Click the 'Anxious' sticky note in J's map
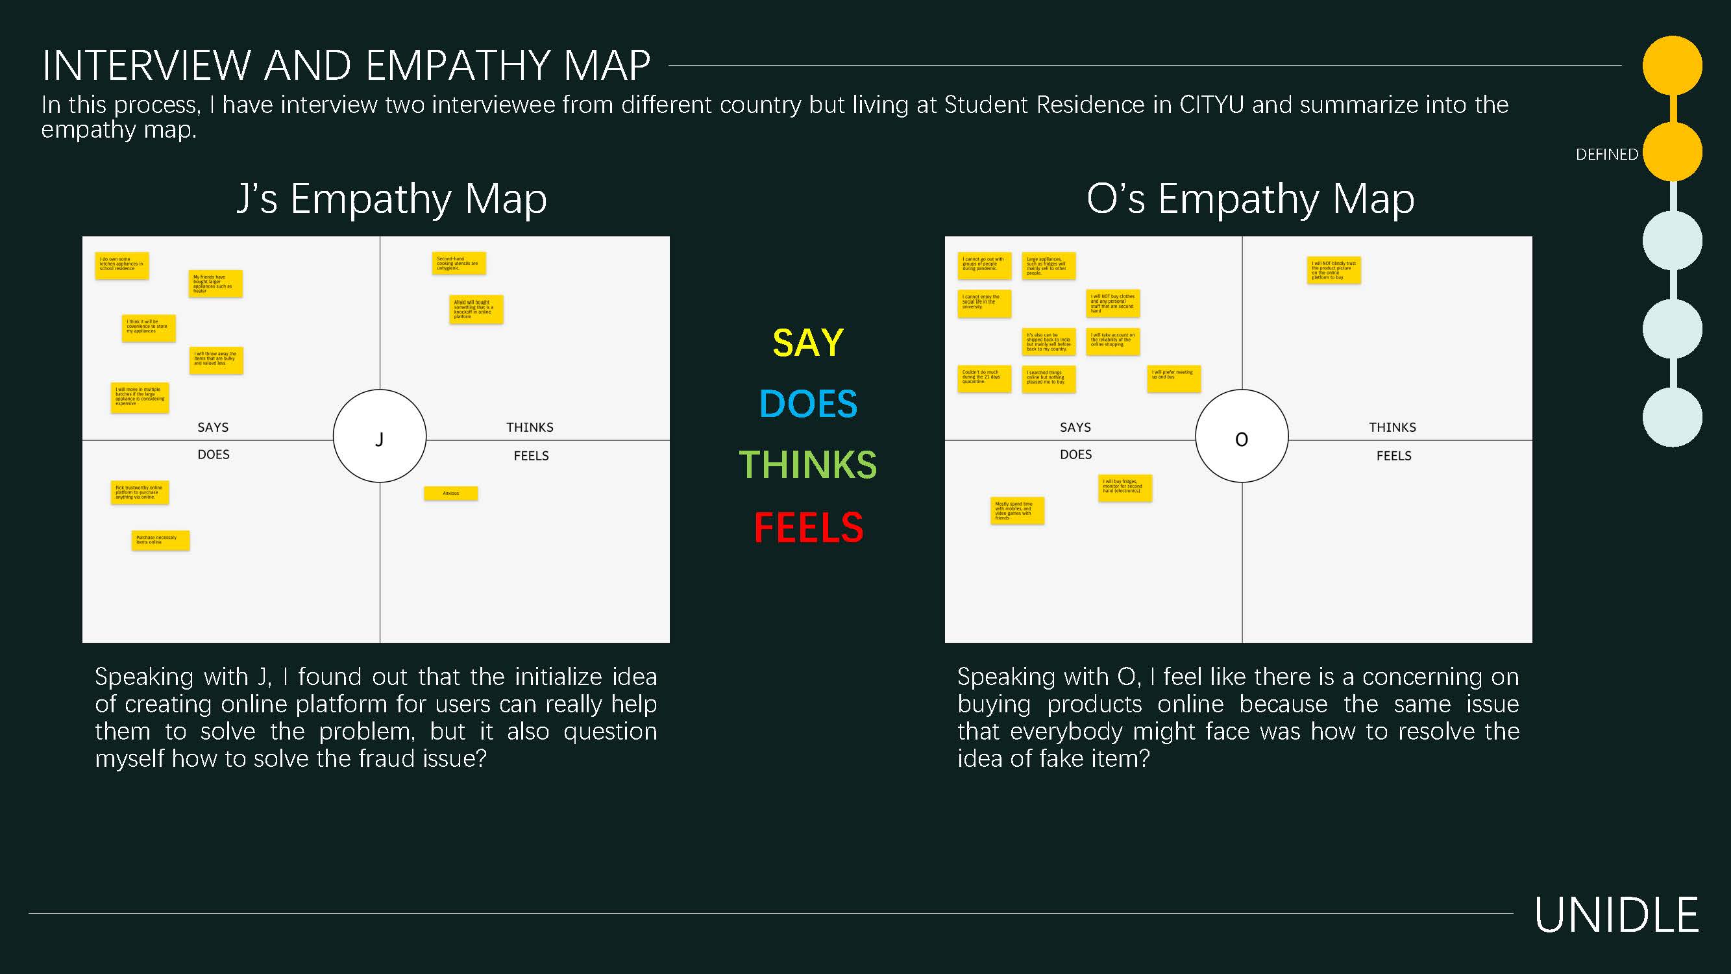[450, 493]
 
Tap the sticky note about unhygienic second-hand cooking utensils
[458, 263]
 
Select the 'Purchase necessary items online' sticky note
[160, 540]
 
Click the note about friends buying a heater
[215, 284]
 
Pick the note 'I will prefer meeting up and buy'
[1173, 379]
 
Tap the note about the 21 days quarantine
[983, 379]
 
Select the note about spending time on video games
[1016, 511]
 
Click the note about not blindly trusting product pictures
[1333, 270]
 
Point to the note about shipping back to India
[1048, 342]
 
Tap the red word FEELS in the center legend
[807, 528]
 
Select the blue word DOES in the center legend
[807, 404]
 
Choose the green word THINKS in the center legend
[807, 465]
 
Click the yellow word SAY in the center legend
[807, 343]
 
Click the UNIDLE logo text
[1616, 915]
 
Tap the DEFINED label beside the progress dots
[1606, 155]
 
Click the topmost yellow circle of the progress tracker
[1672, 65]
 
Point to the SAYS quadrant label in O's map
[1075, 427]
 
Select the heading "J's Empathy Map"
[392, 199]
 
